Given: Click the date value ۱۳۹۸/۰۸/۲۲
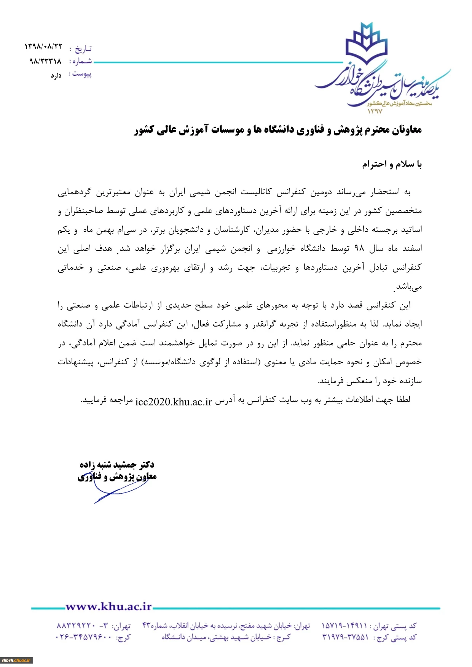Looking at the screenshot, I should (x=43, y=47).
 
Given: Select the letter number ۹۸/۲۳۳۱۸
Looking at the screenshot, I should (x=45, y=61).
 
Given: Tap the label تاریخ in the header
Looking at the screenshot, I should (x=83, y=49).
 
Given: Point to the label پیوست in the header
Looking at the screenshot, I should (x=82, y=74).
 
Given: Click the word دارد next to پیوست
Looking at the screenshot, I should (x=56, y=76).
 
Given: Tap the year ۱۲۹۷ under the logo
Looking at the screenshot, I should (x=375, y=111).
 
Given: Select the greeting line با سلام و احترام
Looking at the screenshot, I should (x=392, y=164).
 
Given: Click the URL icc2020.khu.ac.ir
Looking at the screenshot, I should (x=174, y=402).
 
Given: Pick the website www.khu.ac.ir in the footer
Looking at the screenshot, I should (x=108, y=607).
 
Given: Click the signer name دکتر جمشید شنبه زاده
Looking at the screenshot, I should (x=117, y=465).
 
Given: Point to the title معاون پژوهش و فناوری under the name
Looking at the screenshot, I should (x=117, y=476).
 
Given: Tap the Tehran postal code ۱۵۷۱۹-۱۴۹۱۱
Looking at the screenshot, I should (x=344, y=626).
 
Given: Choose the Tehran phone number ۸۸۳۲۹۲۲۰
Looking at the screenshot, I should (x=76, y=626).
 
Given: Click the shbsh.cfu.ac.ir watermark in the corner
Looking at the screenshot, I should (x=16, y=661).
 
